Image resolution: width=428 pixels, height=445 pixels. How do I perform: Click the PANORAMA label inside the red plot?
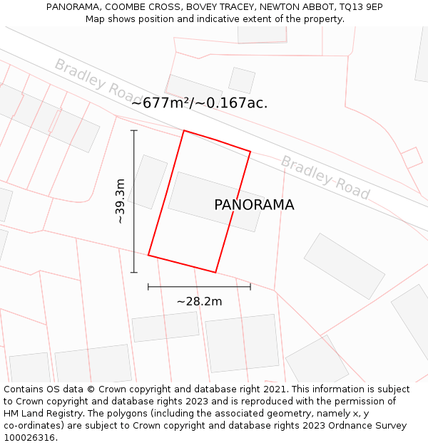(x=254, y=205)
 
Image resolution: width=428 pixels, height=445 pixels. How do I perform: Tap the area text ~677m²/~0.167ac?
(x=200, y=103)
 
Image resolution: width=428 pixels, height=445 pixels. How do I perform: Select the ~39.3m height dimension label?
(x=121, y=201)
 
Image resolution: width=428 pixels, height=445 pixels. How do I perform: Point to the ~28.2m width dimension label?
(x=199, y=301)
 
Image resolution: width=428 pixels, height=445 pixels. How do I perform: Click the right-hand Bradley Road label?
(x=325, y=177)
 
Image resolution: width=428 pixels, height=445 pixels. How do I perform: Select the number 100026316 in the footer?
(x=29, y=438)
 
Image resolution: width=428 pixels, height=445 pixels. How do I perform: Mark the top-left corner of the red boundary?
(x=184, y=131)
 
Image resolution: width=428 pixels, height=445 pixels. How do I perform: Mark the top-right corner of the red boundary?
(x=250, y=151)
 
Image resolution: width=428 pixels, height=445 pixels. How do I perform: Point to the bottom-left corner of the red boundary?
(x=148, y=254)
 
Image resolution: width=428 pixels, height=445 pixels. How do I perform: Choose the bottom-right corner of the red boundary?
(x=215, y=272)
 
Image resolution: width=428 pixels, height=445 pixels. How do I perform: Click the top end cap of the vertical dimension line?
(x=134, y=131)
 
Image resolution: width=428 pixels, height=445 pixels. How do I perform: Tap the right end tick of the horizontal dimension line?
(x=250, y=287)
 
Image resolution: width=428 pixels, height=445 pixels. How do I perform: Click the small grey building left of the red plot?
(x=148, y=182)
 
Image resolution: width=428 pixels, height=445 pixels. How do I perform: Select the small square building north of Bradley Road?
(x=242, y=80)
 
